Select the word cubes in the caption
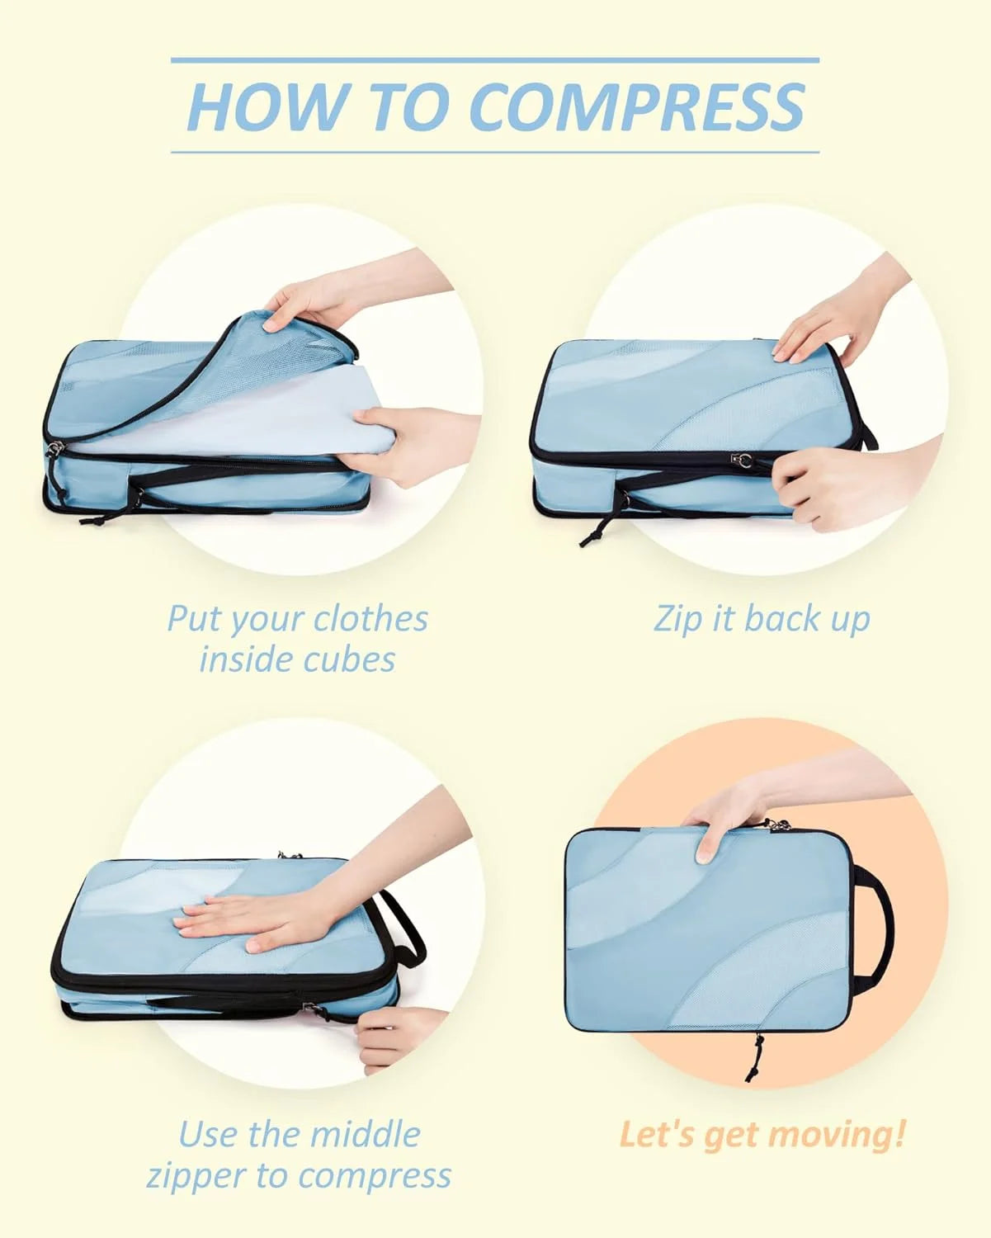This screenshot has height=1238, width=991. pos(339,659)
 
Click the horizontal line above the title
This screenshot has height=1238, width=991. pos(494,59)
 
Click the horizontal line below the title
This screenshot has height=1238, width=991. pos(494,153)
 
